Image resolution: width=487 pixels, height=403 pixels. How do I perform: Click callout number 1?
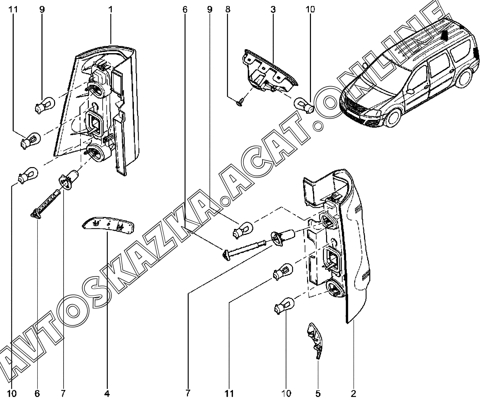(x=111, y=9)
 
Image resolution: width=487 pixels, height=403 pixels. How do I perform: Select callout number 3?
(x=273, y=9)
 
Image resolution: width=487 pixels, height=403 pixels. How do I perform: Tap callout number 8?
(x=228, y=9)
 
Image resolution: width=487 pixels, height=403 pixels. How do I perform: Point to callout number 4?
(x=106, y=394)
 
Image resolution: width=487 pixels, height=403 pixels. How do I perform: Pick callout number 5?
(x=318, y=394)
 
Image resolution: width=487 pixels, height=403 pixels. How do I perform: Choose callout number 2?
(x=353, y=394)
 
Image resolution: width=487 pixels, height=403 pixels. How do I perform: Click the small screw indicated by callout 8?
(x=240, y=102)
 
